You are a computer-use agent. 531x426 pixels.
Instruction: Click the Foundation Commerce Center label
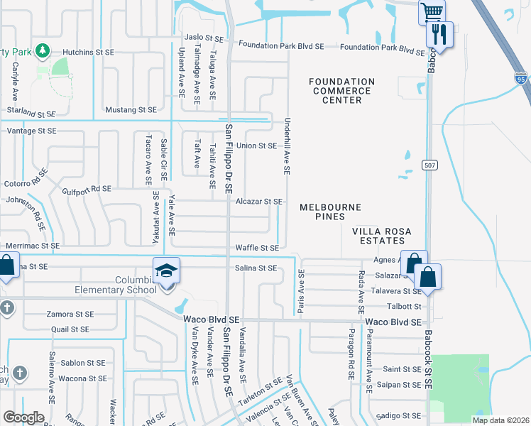341,91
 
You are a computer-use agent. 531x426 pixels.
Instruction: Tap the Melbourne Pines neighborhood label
330,212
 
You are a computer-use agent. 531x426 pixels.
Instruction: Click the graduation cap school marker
166,271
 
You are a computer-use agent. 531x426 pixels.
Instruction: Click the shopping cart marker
432,11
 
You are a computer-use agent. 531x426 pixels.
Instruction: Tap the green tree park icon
43,50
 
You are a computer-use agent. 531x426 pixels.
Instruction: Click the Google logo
23,417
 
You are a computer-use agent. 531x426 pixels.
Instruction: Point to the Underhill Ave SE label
288,146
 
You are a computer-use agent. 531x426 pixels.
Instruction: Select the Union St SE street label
256,146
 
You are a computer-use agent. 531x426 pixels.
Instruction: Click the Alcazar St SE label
259,202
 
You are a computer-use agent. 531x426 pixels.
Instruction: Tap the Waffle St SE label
258,248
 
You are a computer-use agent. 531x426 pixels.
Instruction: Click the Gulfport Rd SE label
87,189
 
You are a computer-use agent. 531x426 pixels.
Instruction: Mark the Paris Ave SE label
301,292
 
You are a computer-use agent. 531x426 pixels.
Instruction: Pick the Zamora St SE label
70,314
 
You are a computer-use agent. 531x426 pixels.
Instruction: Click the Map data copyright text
500,420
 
